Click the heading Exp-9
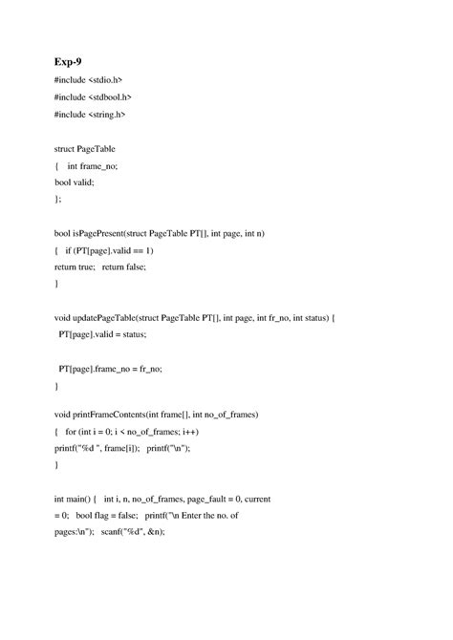click(69, 60)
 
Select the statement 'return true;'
click(75, 267)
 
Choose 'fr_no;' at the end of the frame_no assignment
click(149, 369)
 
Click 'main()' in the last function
click(81, 499)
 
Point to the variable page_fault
click(202, 499)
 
